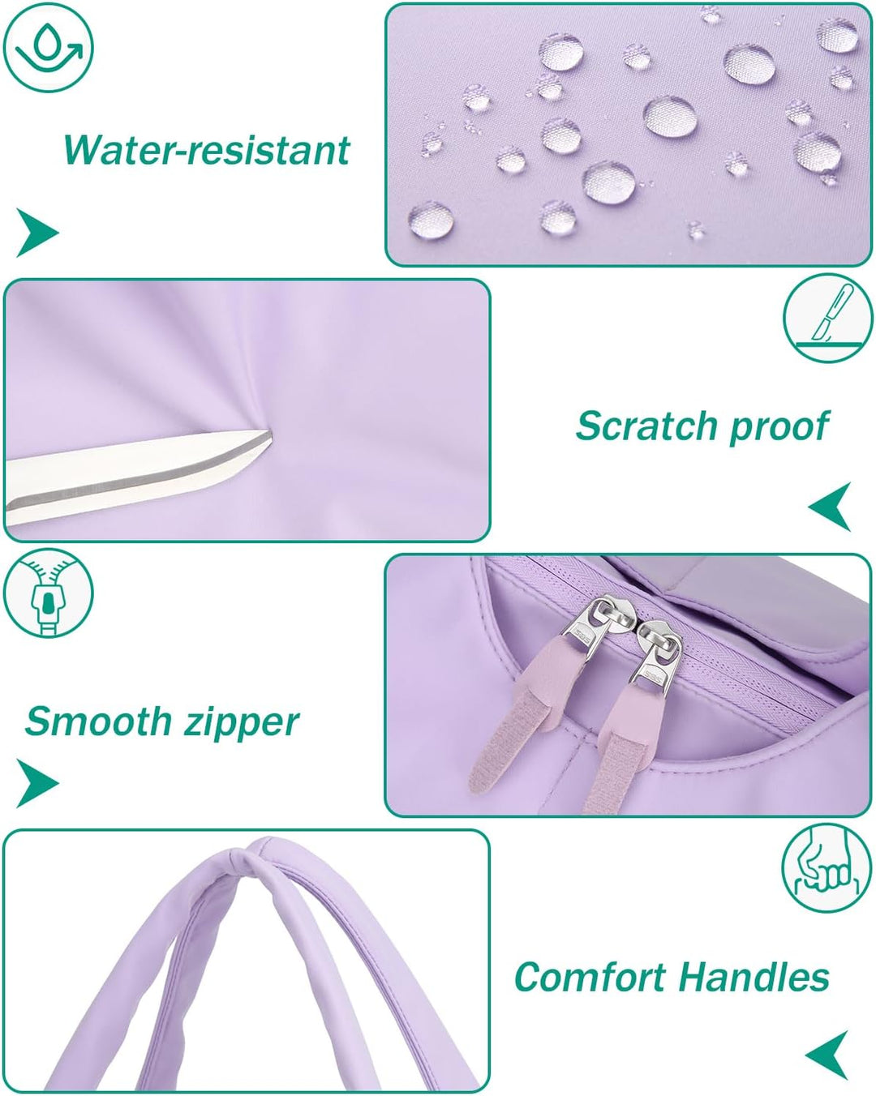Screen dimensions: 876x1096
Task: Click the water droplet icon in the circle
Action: [x=49, y=48]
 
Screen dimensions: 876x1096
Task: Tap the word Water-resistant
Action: [x=206, y=150]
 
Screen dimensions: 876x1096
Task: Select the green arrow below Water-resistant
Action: [x=37, y=232]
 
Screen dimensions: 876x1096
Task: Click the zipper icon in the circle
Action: [x=49, y=593]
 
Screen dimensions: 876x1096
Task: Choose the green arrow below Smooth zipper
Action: [x=37, y=783]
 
